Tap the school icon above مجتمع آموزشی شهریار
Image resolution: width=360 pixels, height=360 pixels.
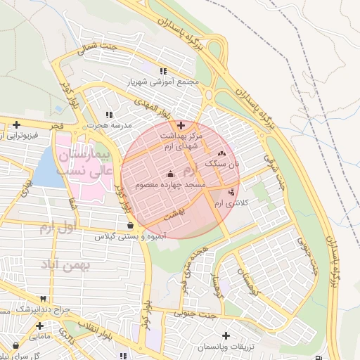(x=163, y=71)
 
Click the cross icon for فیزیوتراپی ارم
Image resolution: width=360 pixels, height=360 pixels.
(x=15, y=124)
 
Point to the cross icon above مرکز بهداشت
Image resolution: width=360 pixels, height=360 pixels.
(x=181, y=124)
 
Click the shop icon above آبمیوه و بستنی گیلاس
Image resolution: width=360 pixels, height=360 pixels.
(x=131, y=225)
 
